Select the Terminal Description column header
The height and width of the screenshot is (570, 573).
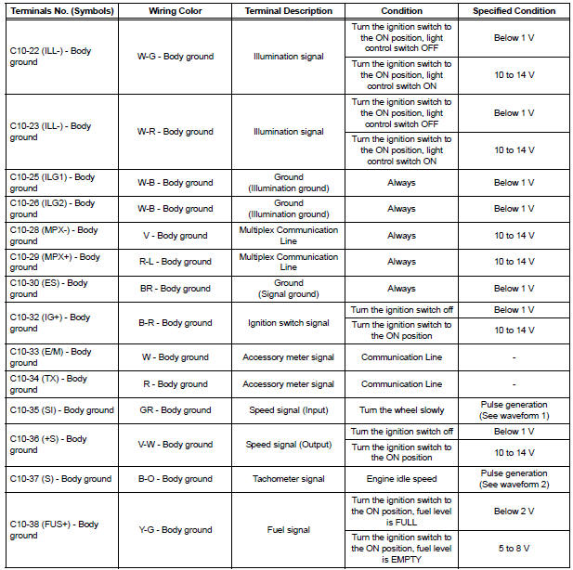click(x=288, y=11)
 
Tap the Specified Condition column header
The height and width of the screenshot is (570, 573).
click(x=514, y=11)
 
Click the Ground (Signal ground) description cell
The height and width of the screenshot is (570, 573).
click(x=288, y=289)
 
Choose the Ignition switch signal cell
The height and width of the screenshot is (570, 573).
click(x=288, y=323)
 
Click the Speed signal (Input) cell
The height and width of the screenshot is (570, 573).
click(x=288, y=410)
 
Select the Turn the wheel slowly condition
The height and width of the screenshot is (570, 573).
click(x=401, y=410)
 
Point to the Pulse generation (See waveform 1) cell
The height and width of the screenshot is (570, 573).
click(x=514, y=410)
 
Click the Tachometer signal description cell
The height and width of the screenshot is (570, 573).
click(x=288, y=479)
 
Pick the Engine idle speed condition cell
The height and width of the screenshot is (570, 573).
click(x=401, y=479)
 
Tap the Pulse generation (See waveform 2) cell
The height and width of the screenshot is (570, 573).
click(x=514, y=479)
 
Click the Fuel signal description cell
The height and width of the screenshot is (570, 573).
click(x=288, y=530)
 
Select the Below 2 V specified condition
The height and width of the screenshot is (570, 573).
click(x=514, y=511)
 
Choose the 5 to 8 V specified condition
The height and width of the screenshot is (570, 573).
click(x=514, y=549)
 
